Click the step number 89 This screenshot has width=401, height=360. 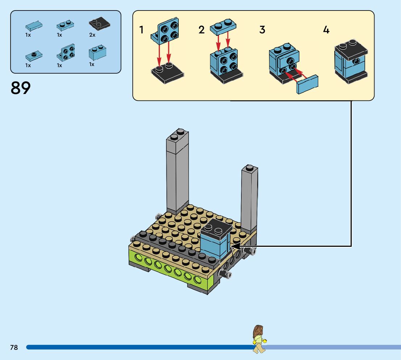pyautogui.click(x=21, y=88)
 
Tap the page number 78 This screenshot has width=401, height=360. pyautogui.click(x=14, y=347)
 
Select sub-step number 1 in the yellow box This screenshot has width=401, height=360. pyautogui.click(x=141, y=30)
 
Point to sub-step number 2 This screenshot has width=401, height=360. pyautogui.click(x=202, y=30)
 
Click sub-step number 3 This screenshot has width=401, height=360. pyautogui.click(x=262, y=30)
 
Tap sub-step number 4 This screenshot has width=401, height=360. pyautogui.click(x=326, y=30)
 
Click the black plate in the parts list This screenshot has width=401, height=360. pyautogui.click(x=99, y=24)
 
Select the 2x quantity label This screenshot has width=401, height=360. pyautogui.click(x=92, y=35)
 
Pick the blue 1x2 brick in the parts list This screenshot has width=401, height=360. pyautogui.click(x=97, y=53)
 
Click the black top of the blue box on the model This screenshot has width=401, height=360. pyautogui.click(x=216, y=228)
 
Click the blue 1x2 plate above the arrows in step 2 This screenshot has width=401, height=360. pyautogui.click(x=223, y=26)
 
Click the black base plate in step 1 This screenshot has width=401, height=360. pyautogui.click(x=167, y=75)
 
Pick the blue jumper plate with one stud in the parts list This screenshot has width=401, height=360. pyautogui.click(x=33, y=56)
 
